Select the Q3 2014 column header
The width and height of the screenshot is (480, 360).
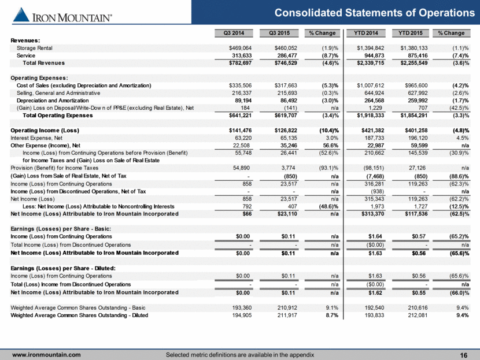(x=229, y=32)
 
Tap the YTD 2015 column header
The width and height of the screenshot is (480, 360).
(x=408, y=32)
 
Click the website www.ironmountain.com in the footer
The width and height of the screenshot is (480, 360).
(x=47, y=354)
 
